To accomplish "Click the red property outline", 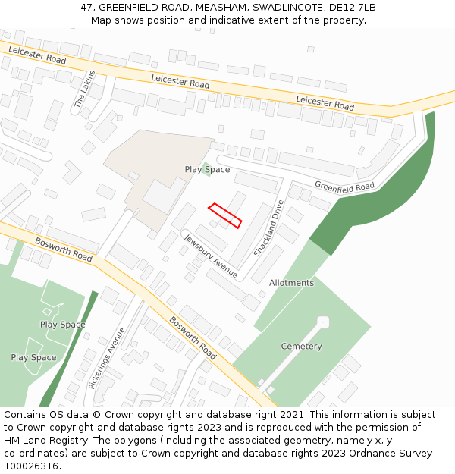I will pyautogui.click(x=225, y=215).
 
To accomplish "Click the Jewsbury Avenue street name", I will pyautogui.click(x=210, y=255).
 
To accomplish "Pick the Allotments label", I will pyautogui.click(x=291, y=283).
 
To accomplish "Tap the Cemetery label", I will pyautogui.click(x=301, y=347).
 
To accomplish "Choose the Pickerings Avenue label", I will pyautogui.click(x=106, y=358).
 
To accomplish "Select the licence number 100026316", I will pyautogui.click(x=31, y=466).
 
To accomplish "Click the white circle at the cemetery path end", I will pyautogui.click(x=324, y=322).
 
